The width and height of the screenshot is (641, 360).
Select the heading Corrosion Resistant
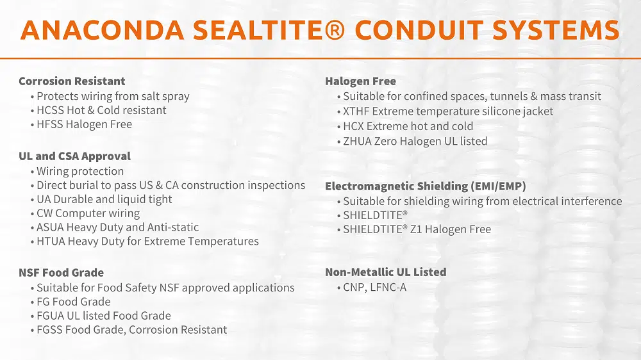[72, 81]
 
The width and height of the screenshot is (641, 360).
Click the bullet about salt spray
[113, 96]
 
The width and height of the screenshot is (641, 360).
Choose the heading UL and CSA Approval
[74, 156]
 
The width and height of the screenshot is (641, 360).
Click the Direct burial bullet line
[171, 185]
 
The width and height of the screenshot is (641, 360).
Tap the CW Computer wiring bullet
[88, 213]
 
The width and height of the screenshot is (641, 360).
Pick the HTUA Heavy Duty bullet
[147, 241]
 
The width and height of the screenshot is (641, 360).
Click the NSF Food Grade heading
[61, 273]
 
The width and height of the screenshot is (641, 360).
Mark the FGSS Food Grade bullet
[131, 330]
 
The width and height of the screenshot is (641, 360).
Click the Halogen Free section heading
[360, 81]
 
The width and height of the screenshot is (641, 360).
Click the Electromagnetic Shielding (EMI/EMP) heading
[426, 186]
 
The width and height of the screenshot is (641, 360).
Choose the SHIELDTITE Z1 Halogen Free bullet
[417, 229]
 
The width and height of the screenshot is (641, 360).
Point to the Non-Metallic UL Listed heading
[385, 272]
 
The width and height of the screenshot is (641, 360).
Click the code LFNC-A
[388, 288]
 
